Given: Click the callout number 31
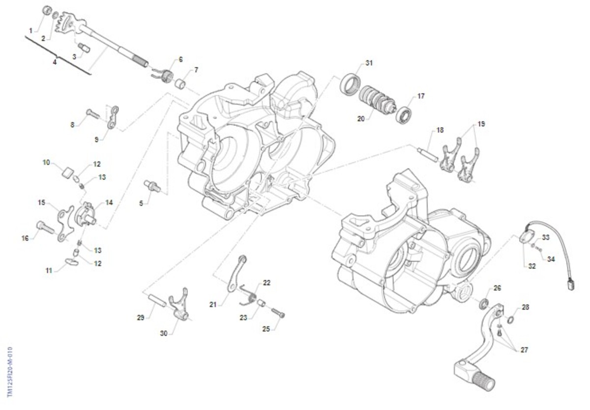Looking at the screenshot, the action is click(x=369, y=63).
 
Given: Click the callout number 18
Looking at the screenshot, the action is click(x=440, y=130).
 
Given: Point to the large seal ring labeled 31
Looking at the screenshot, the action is click(x=350, y=85).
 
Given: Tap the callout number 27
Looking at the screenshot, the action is click(x=524, y=350).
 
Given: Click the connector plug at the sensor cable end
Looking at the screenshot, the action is click(x=571, y=285).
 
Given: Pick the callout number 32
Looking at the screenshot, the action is click(x=532, y=266).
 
